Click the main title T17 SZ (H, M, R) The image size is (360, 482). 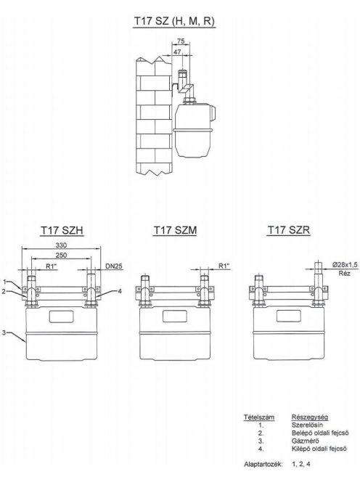tap(174, 21)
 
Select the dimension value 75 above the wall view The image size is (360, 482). tap(181, 41)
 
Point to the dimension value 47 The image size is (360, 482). tap(177, 52)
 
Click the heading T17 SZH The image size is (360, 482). tap(62, 230)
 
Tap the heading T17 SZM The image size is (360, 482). tap(175, 230)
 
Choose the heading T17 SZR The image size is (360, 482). tap(288, 230)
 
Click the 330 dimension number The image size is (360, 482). tap(61, 245)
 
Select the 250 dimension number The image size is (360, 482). tap(61, 255)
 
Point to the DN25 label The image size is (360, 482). tap(114, 266)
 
